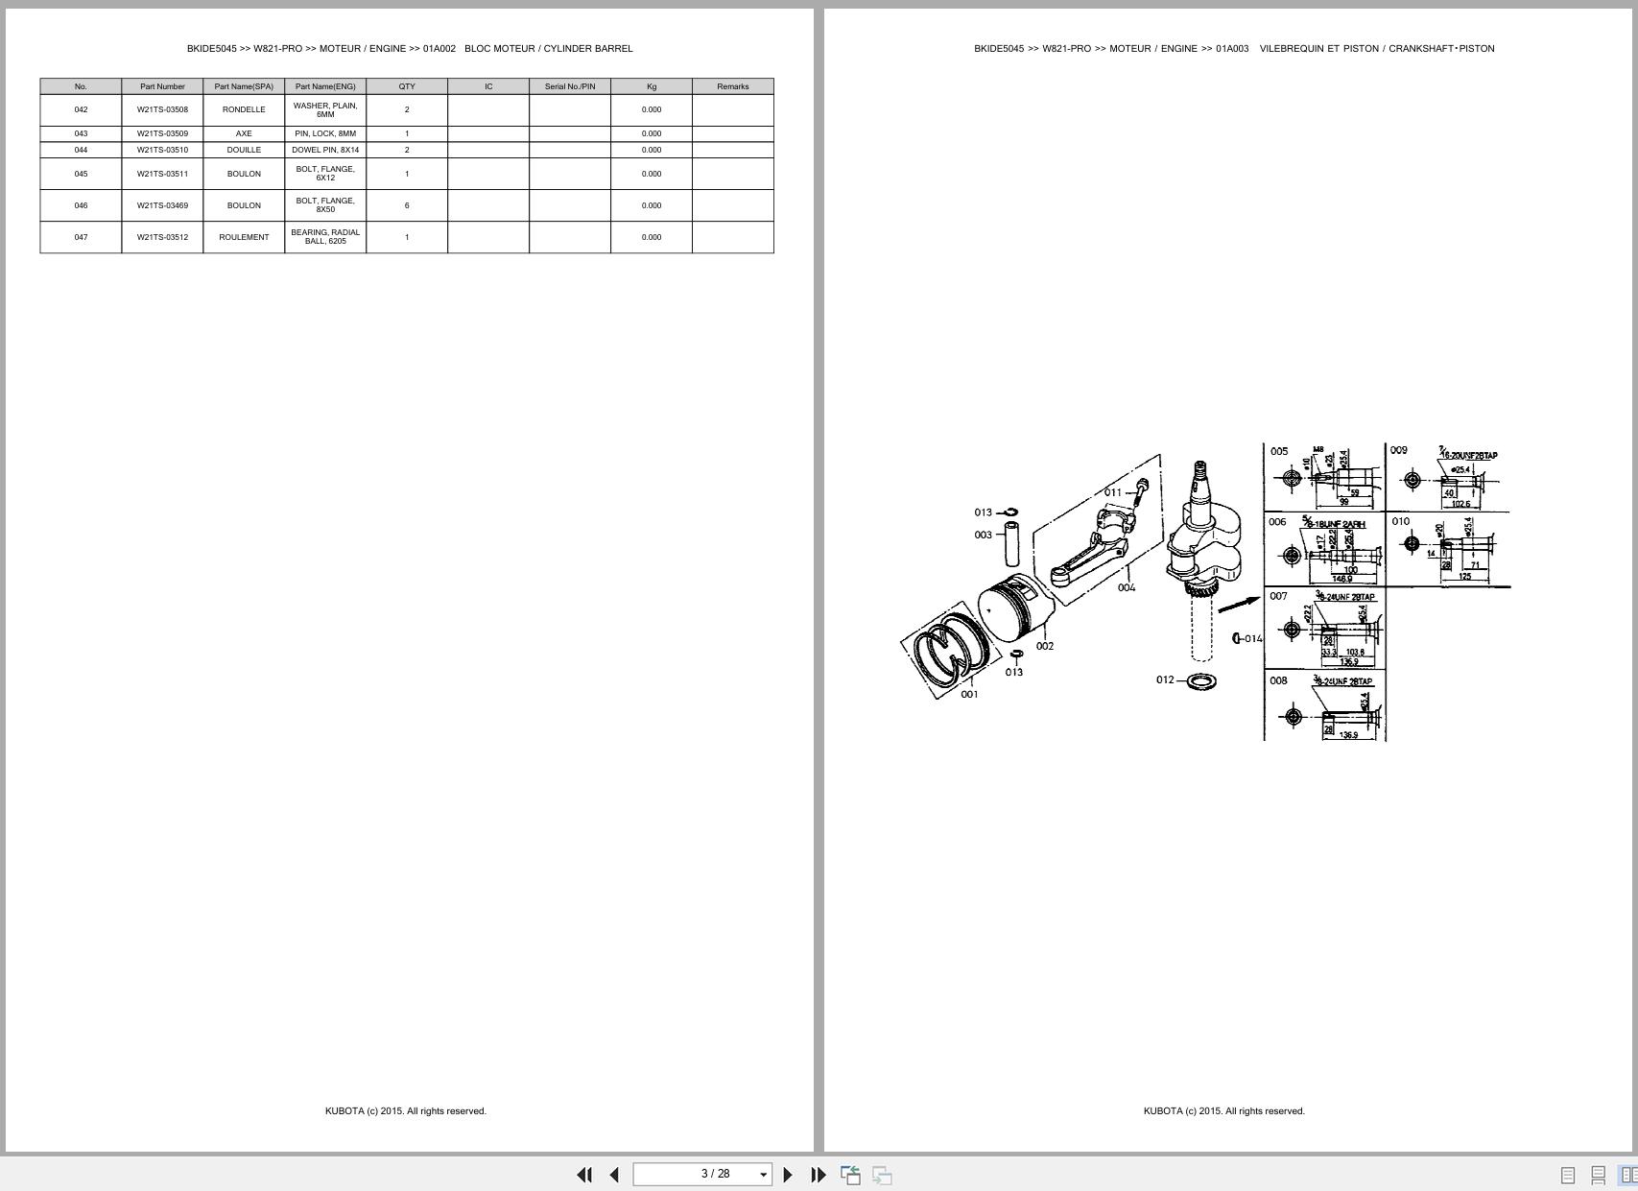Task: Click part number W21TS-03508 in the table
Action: [162, 109]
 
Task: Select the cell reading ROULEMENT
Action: [244, 237]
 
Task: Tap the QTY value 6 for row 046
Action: [407, 205]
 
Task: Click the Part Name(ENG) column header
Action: [325, 86]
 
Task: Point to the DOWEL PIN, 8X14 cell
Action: [325, 150]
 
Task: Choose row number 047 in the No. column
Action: [81, 237]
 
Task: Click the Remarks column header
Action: [732, 86]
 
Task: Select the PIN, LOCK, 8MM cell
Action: [325, 133]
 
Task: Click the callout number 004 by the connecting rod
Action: [1127, 587]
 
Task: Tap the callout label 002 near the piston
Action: [1045, 646]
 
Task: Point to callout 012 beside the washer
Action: [1165, 679]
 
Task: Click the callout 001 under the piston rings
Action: [969, 694]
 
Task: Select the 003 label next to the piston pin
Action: [983, 535]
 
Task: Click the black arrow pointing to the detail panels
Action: [1239, 605]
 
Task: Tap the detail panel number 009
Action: [1399, 450]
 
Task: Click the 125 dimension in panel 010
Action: [1464, 577]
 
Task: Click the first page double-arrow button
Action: [583, 1175]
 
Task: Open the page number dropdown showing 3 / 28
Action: [764, 1175]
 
